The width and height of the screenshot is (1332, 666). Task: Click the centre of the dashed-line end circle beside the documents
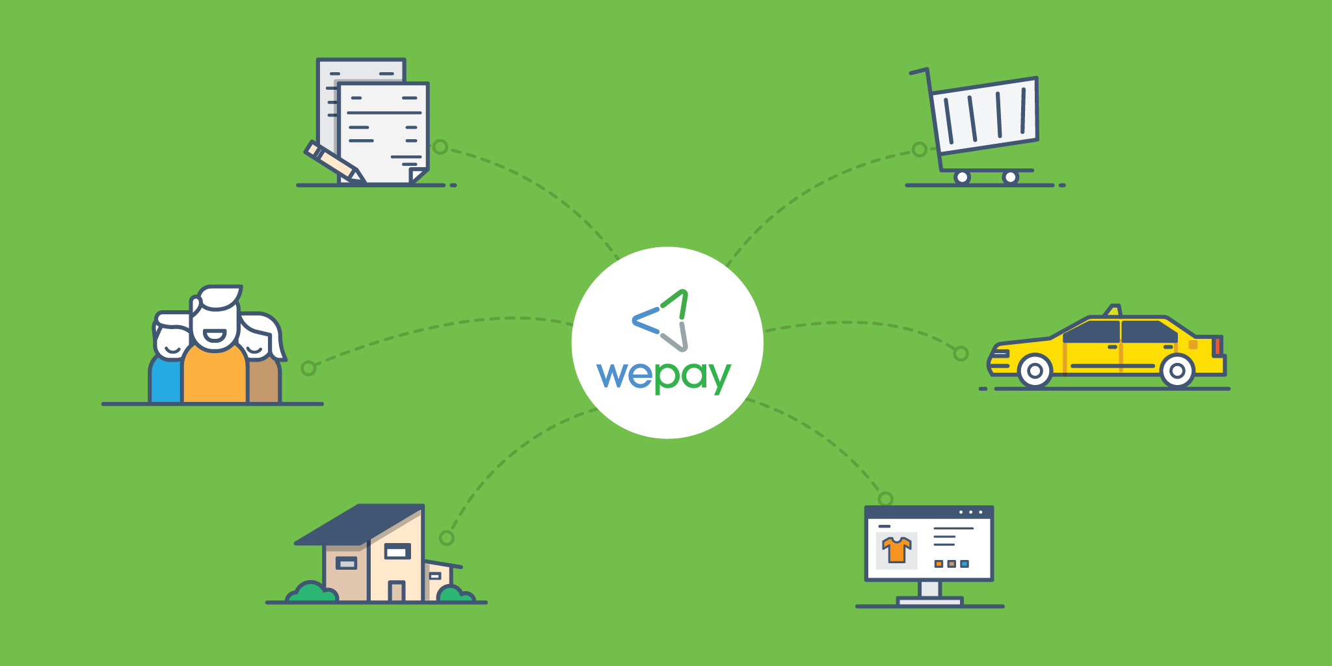click(440, 147)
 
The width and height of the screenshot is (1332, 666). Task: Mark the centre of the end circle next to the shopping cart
click(920, 150)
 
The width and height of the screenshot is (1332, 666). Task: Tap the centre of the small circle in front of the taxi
click(961, 354)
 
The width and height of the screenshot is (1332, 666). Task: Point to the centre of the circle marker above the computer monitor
click(885, 499)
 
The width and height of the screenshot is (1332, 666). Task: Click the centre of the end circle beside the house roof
click(446, 538)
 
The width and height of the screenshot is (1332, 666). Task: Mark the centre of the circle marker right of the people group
click(308, 369)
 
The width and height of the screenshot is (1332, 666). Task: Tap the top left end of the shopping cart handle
click(911, 73)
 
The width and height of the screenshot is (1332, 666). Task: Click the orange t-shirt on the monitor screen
click(897, 550)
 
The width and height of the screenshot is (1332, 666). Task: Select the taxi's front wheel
click(1035, 371)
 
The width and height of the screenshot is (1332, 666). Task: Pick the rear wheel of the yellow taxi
click(1177, 371)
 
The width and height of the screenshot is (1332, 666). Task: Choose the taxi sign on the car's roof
click(1113, 310)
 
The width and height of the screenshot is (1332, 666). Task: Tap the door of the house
click(396, 591)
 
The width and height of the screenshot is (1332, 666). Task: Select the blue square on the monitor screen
click(965, 564)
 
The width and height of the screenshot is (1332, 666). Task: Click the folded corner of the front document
click(418, 176)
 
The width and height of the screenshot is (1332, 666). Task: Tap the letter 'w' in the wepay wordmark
click(614, 375)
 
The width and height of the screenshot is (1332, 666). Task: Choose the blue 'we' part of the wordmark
click(624, 375)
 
